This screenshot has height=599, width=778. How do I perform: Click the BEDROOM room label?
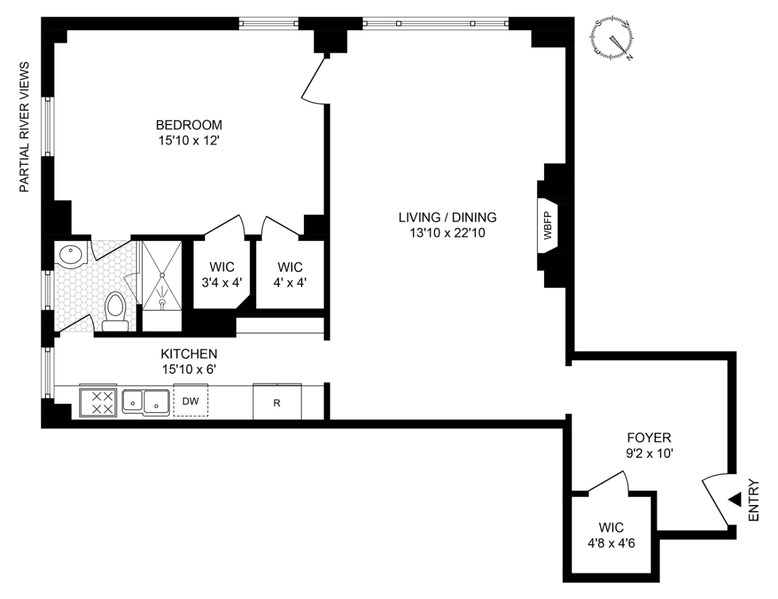[189, 125]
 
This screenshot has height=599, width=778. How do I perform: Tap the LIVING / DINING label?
[448, 217]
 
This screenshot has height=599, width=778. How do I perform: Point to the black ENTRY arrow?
[734, 499]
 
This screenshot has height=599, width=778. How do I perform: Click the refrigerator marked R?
[277, 403]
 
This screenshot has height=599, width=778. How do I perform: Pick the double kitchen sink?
[145, 401]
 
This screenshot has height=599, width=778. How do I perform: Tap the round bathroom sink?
[73, 255]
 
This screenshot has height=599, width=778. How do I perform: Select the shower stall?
[161, 285]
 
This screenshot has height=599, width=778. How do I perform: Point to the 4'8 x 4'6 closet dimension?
[610, 543]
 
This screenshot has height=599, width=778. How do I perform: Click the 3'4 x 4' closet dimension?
[221, 282]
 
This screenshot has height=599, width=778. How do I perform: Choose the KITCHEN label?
[189, 353]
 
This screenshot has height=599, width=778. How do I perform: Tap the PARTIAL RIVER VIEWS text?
[25, 127]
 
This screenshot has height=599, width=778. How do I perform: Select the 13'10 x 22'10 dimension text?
[448, 232]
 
